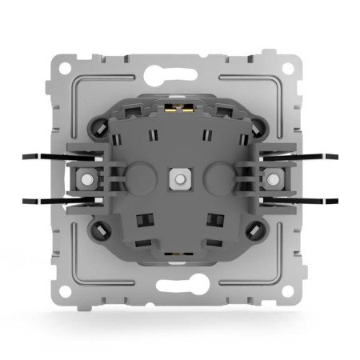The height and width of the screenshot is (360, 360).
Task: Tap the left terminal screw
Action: click(x=82, y=178)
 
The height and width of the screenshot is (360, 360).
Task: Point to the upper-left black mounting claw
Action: click(x=42, y=158)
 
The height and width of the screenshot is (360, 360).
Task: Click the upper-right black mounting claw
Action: click(x=317, y=158)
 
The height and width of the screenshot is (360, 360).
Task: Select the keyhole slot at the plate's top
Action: click(x=179, y=70)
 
